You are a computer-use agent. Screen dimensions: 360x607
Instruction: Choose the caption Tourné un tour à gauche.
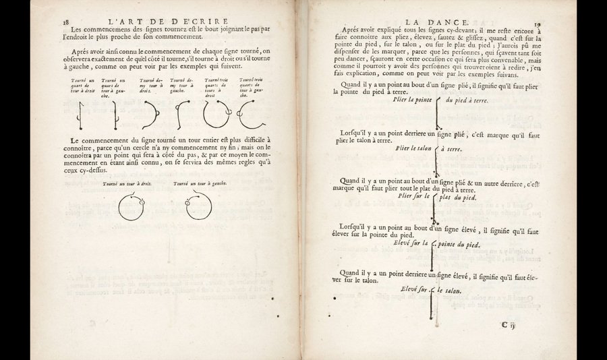pos(199,183)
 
